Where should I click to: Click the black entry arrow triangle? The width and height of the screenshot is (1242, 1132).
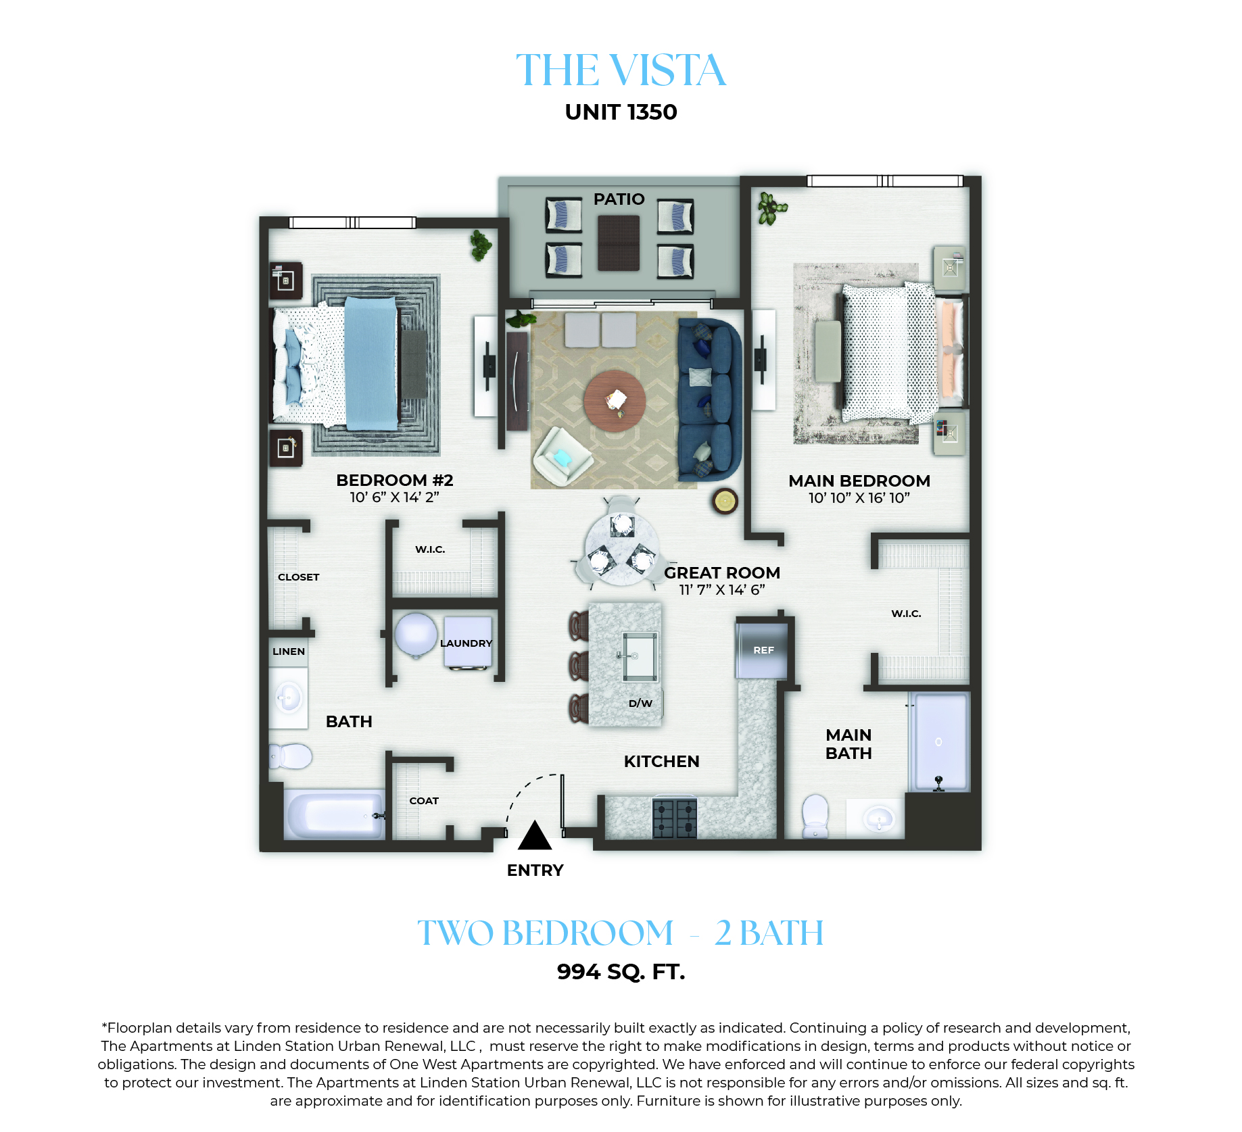(535, 835)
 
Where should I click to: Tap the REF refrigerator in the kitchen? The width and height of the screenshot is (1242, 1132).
(762, 650)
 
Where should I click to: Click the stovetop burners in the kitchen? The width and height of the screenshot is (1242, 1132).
(675, 818)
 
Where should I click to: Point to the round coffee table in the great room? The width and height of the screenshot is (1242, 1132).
(615, 400)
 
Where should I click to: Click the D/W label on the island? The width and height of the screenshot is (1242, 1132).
(640, 703)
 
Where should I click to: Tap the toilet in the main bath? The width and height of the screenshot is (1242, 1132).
(815, 816)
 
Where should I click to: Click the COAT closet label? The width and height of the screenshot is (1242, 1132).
(424, 801)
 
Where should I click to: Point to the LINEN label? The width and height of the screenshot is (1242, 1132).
(289, 651)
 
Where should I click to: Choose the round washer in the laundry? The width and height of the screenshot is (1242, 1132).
(415, 635)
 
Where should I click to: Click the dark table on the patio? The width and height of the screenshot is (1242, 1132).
(619, 243)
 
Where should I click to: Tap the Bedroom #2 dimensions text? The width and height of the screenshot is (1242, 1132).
(394, 497)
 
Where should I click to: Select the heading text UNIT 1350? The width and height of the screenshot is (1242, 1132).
(621, 112)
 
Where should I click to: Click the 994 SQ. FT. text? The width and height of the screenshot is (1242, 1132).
(621, 972)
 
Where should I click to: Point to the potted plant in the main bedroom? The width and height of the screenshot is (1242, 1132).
(771, 207)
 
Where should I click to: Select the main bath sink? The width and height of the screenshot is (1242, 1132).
(878, 818)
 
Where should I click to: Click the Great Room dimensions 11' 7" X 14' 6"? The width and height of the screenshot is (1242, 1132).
(722, 590)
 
